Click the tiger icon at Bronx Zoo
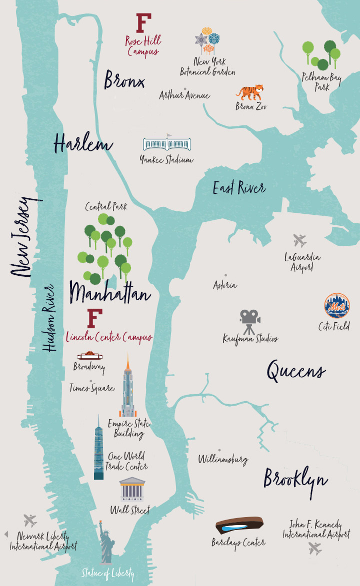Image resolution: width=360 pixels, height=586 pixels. click(x=249, y=92)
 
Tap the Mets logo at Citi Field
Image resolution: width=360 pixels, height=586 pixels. click(x=336, y=306)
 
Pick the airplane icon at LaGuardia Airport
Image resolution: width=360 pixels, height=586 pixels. click(x=300, y=241)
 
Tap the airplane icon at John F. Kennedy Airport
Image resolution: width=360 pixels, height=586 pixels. click(x=315, y=548)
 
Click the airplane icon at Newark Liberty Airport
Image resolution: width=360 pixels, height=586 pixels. click(x=30, y=520)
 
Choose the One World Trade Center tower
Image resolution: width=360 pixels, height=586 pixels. click(x=98, y=450)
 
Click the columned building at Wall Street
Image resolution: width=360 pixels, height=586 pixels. click(x=132, y=490)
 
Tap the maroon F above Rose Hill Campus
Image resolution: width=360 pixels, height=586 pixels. click(x=143, y=23)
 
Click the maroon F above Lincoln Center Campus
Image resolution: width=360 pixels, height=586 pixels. click(x=94, y=318)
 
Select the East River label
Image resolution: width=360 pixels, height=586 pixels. click(x=239, y=188)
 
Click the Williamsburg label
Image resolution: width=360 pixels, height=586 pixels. click(x=223, y=460)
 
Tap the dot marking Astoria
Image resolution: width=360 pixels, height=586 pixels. click(x=225, y=275)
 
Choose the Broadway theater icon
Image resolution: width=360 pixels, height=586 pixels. click(x=90, y=356)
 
